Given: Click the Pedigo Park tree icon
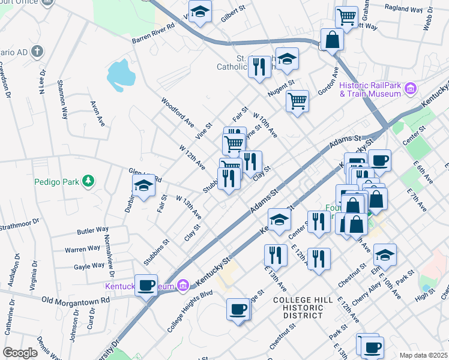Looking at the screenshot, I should (88, 181).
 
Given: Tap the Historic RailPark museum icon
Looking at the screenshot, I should (411, 89).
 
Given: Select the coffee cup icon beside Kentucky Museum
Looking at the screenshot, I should (146, 284).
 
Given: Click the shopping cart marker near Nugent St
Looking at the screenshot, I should (297, 100).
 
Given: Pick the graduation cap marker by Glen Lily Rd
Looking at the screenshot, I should (143, 187).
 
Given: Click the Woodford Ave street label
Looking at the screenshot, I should (178, 112).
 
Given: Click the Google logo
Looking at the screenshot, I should (19, 353).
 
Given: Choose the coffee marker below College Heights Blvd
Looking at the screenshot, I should (238, 309).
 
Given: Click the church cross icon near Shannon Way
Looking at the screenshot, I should (37, 52).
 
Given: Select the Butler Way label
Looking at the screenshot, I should (92, 230).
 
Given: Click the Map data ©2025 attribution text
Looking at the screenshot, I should (423, 355).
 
